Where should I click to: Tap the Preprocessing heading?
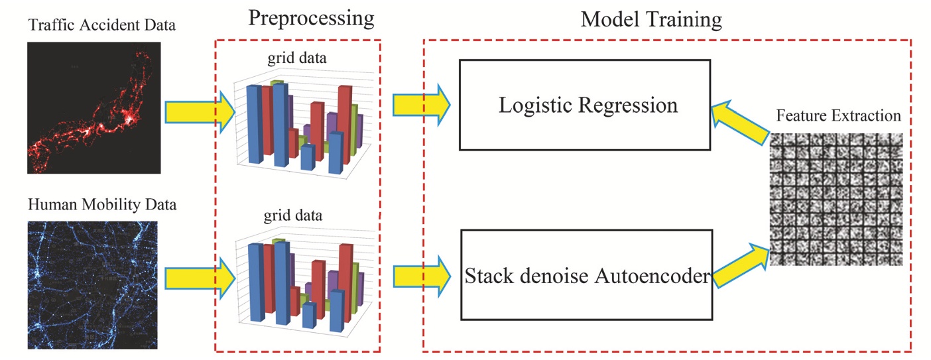point(311,18)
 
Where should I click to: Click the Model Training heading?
point(651,19)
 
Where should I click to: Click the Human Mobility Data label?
point(102,204)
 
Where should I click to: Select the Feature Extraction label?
point(838,116)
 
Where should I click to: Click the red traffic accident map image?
point(94,107)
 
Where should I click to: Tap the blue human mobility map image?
point(93,284)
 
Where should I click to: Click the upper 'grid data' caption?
point(296,60)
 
